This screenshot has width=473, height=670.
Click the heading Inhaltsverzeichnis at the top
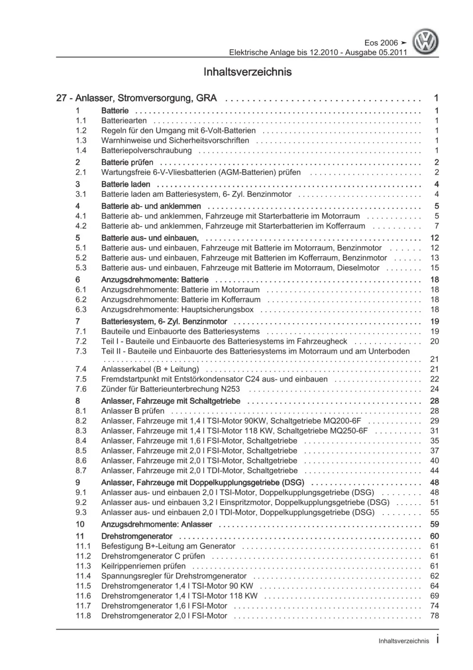pos(247,72)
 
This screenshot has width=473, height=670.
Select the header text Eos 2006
pos(382,43)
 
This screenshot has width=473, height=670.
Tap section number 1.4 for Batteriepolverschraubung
pos(81,151)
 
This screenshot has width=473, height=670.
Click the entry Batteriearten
pos(124,121)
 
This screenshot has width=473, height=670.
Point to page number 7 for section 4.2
pos(437,226)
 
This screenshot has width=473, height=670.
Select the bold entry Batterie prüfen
pos(127,163)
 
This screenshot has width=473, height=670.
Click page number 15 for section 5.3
pos(435,268)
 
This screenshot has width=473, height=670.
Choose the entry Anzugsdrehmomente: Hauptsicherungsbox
pos(177,309)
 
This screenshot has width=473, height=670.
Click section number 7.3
pos(81,351)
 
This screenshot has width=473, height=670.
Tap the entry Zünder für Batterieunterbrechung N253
pos(170,389)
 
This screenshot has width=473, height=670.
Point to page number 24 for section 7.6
pos(435,389)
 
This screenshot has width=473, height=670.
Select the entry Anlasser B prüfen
pos(133,411)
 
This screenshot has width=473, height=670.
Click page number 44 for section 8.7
pos(435,471)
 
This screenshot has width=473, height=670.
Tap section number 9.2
pos(81,502)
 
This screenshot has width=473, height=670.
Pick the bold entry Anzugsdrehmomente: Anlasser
pos(157,525)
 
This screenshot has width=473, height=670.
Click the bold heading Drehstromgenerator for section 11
pos(137,536)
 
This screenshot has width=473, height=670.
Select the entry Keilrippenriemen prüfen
pos(143,566)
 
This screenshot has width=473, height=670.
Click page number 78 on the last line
pos(435,616)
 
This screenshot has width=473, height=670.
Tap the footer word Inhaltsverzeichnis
pos(404,641)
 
